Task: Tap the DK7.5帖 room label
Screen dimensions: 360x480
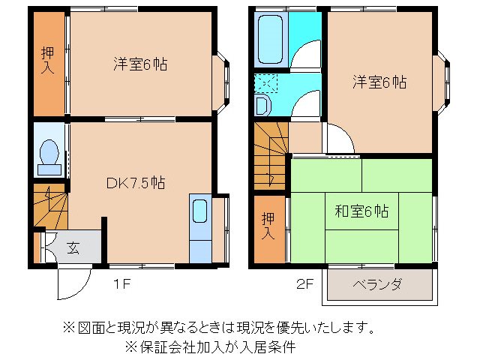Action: (x=135, y=182)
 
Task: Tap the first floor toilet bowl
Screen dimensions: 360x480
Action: (x=49, y=153)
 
